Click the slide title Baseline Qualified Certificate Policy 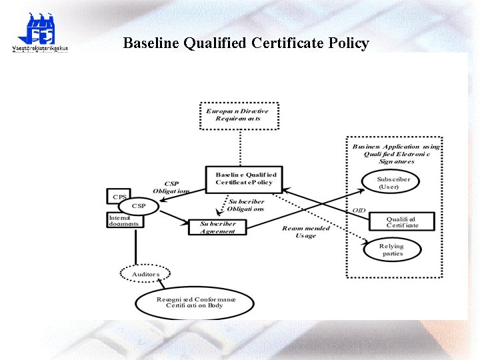[246, 44]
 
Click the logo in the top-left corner [40, 33]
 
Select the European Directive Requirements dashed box [239, 115]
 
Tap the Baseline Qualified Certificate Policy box [245, 179]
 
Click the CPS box [119, 197]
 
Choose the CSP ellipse [139, 207]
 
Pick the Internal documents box [124, 221]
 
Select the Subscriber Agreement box [218, 227]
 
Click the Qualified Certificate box [402, 221]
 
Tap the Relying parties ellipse [392, 249]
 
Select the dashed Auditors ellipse [145, 274]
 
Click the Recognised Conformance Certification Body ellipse [195, 302]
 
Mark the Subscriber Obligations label [246, 205]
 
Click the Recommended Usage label [306, 231]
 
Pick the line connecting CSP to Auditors [135, 243]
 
